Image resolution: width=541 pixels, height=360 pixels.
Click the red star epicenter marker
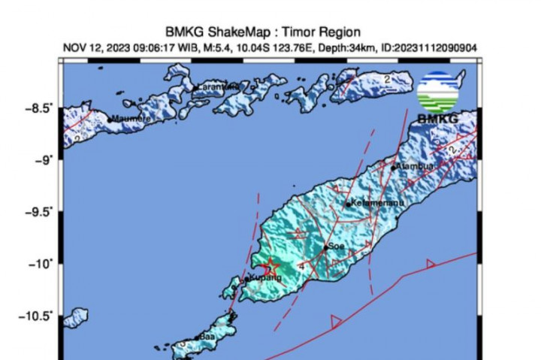tap(271, 266)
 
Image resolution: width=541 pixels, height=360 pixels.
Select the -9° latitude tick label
tap(46, 160)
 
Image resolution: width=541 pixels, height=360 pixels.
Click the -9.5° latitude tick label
tap(39, 212)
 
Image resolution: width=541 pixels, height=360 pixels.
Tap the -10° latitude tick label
tap(43, 264)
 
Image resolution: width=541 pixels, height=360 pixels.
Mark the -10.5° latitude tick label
tap(37, 316)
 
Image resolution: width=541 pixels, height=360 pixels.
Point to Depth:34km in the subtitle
tap(351, 48)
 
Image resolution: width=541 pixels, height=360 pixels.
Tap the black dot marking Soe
tap(325, 247)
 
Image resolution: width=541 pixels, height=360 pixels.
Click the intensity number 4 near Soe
tap(301, 265)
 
